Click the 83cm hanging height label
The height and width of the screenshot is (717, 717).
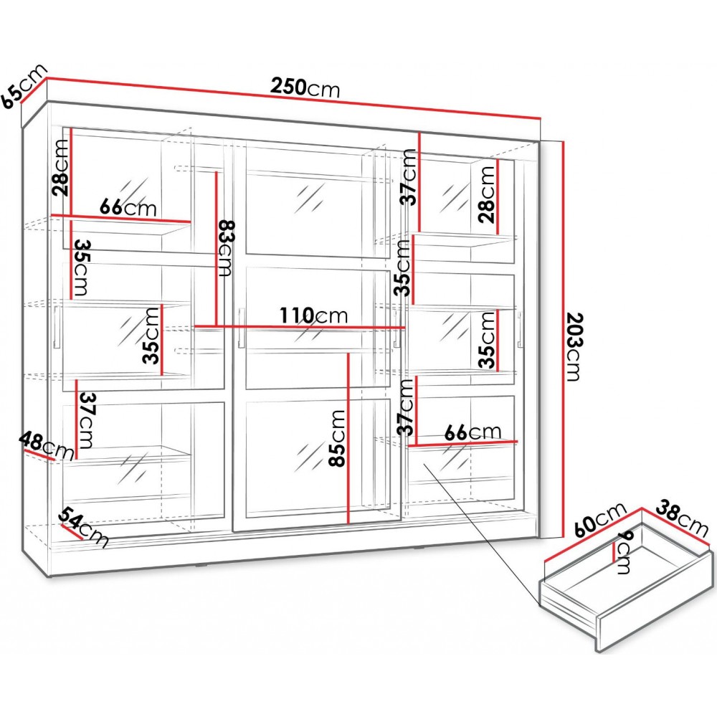pos(226,248)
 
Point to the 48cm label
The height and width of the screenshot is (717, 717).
pos(47,445)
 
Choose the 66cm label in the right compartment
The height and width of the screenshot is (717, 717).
pos(472,432)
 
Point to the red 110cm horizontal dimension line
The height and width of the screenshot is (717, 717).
pos(287,328)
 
